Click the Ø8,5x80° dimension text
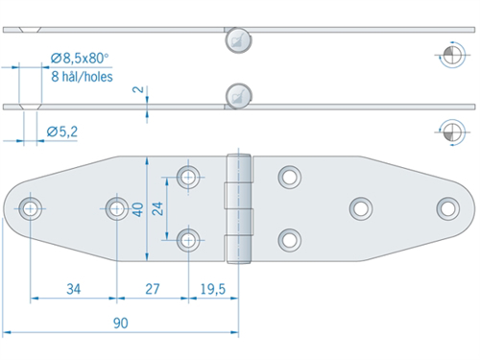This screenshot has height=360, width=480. [80, 59]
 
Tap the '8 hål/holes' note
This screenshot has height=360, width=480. [82, 77]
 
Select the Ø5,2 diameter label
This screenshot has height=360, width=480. [62, 132]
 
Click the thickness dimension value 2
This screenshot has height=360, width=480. [138, 89]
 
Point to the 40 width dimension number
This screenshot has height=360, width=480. [138, 209]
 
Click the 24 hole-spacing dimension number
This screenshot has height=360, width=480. [157, 208]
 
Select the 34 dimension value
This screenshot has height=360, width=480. [74, 289]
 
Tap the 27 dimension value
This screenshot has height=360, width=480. [153, 289]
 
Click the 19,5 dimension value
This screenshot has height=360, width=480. [213, 289]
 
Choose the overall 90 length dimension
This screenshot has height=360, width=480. [121, 324]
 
